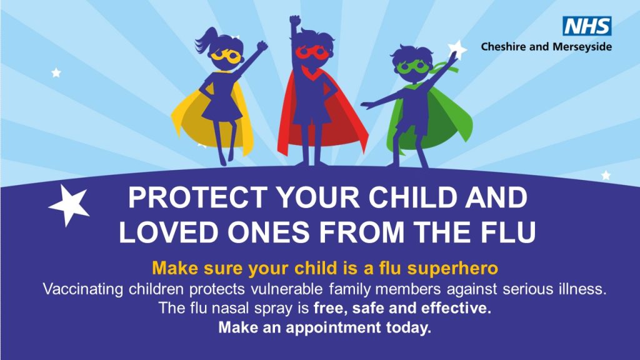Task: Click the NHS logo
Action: [587, 26]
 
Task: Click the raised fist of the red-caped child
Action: [294, 22]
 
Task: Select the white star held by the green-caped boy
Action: [458, 49]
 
